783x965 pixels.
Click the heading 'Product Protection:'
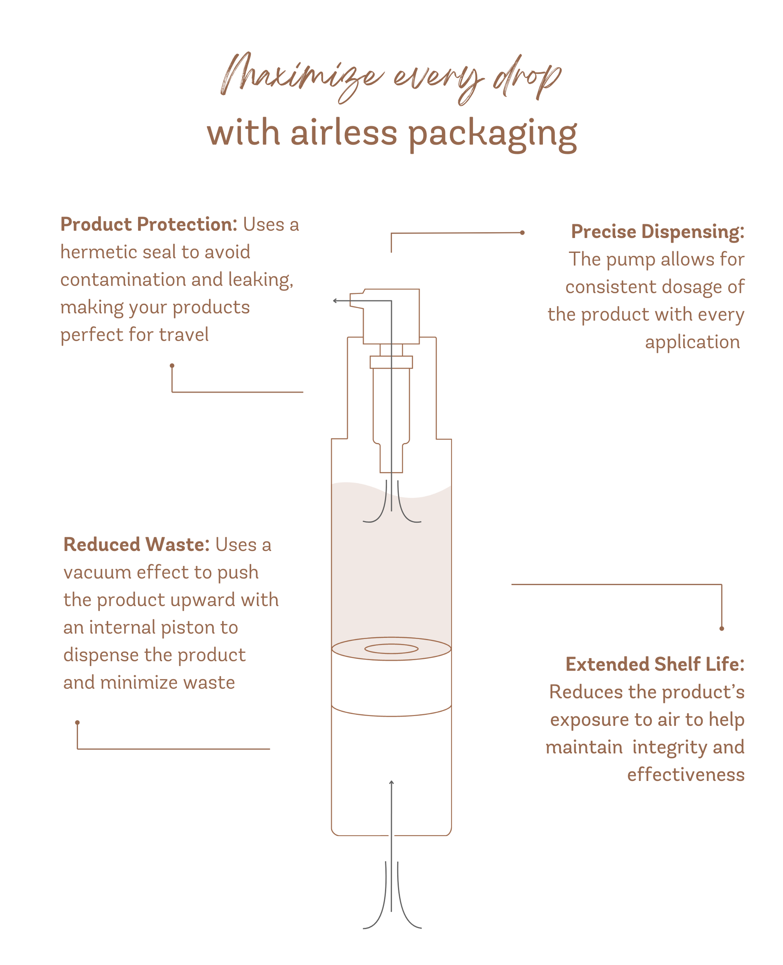click(148, 224)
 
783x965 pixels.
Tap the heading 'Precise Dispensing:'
click(657, 232)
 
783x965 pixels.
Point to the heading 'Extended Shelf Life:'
click(655, 665)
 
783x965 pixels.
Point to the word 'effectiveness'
click(685, 774)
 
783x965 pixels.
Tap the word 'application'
click(692, 342)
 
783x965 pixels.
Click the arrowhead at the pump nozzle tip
click(335, 300)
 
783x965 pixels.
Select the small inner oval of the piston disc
click(391, 649)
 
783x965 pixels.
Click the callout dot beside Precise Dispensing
click(522, 233)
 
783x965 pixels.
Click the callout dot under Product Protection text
click(172, 366)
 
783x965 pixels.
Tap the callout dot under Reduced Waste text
click(77, 723)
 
